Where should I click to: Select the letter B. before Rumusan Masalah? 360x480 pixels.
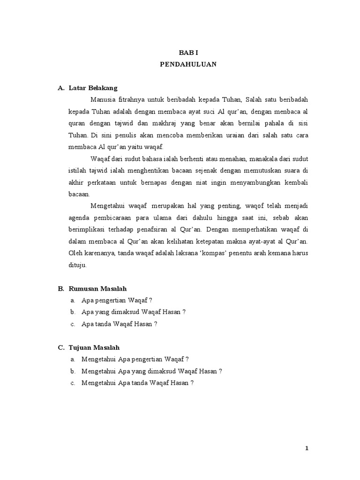pos(61,288)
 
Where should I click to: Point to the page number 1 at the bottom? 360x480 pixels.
pos(307,449)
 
